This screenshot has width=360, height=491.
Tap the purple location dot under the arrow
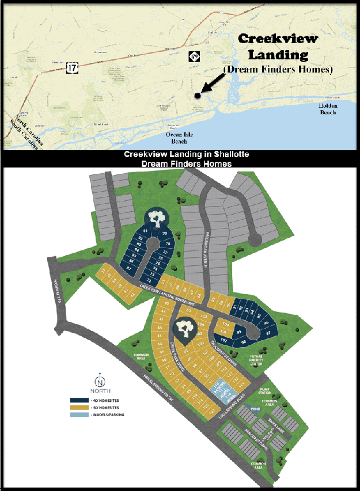click(198, 96)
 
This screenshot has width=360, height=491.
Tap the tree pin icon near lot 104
click(185, 328)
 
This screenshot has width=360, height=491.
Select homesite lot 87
click(130, 269)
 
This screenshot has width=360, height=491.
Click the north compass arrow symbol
click(100, 379)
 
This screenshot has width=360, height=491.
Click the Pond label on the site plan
click(254, 409)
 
